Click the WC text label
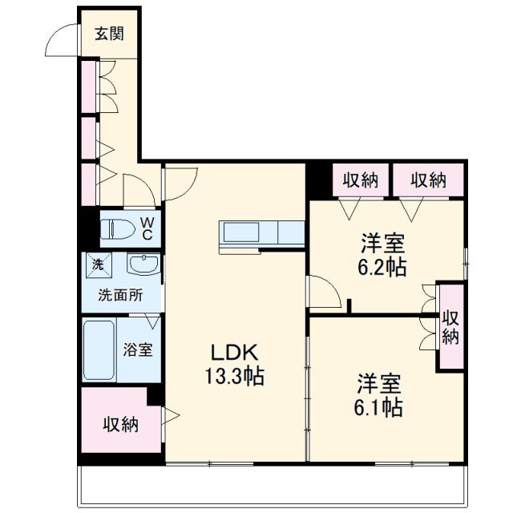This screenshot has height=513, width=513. click(147, 228)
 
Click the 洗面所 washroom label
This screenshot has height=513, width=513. click(119, 294)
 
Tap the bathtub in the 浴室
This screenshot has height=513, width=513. click(99, 350)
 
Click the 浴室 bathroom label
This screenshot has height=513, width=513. click(138, 350)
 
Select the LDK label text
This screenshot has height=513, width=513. click(233, 352)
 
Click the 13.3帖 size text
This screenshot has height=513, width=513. click(233, 375)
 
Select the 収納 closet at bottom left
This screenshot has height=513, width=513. click(119, 424)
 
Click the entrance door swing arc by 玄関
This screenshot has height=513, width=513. click(63, 40)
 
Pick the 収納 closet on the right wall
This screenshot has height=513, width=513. click(450, 327)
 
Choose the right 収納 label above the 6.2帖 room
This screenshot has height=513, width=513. click(428, 180)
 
